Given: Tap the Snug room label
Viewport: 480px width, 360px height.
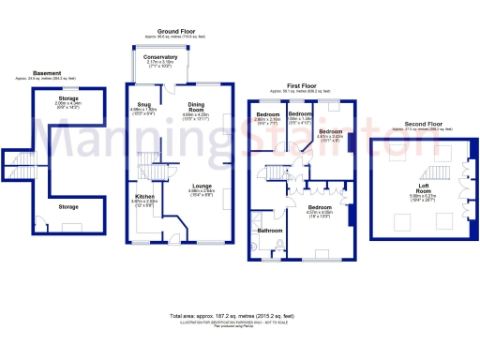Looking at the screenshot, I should [143, 104].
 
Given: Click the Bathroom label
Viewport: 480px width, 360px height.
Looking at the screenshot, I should [270, 230].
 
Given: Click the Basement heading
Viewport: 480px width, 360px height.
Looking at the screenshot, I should [47, 72].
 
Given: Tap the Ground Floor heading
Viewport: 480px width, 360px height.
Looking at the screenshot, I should [174, 31].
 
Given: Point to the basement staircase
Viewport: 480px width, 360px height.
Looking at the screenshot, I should [21, 169].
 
